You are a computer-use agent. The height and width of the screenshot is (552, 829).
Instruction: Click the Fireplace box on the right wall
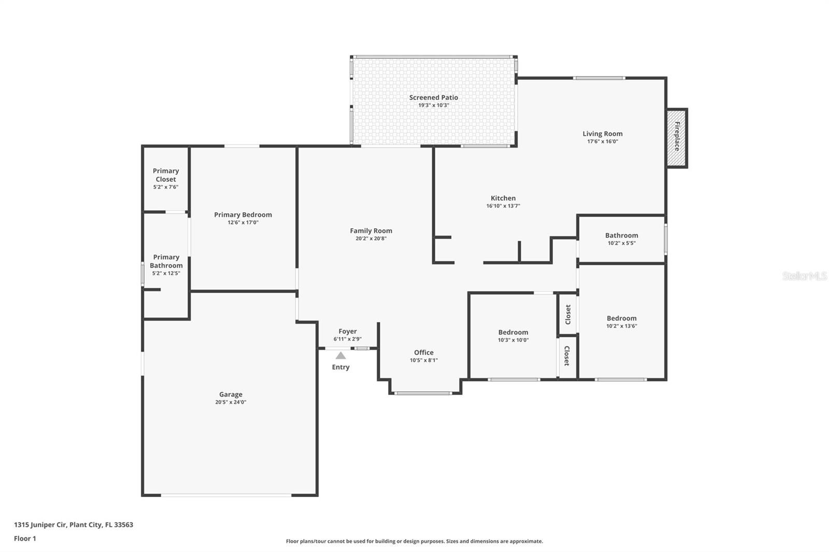(x=677, y=138)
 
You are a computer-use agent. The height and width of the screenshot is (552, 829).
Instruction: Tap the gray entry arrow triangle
(x=340, y=356)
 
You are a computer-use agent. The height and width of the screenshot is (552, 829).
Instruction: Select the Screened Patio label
(x=434, y=97)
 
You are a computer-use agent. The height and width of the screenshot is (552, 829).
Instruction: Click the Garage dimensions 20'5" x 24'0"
(x=231, y=402)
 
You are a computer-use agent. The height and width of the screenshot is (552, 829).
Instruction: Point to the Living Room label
(x=603, y=134)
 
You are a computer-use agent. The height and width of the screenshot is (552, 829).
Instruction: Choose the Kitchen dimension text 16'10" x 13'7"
(x=503, y=206)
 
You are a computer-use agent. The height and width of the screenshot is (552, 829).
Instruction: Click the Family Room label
(x=371, y=231)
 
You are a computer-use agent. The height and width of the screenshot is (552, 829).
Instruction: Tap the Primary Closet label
(x=166, y=175)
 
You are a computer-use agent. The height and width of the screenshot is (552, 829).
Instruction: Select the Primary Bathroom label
(x=166, y=262)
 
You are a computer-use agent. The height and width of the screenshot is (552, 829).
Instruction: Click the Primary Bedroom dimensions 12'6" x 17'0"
(x=243, y=223)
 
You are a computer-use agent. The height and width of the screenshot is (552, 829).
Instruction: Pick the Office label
(x=424, y=353)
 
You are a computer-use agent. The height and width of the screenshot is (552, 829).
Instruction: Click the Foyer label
(x=348, y=331)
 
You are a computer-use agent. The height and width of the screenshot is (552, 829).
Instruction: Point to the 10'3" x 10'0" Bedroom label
(x=513, y=332)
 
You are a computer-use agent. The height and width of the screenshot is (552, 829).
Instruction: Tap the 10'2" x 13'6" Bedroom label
(x=622, y=318)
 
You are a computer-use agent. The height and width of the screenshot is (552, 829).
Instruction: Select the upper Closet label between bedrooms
(x=568, y=314)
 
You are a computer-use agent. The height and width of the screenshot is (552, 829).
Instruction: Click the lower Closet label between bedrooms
(x=567, y=356)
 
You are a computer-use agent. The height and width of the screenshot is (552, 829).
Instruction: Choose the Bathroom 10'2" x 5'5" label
(x=622, y=236)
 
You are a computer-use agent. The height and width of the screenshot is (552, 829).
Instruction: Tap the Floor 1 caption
(x=25, y=539)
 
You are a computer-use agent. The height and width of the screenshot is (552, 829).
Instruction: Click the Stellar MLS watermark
(x=804, y=277)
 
